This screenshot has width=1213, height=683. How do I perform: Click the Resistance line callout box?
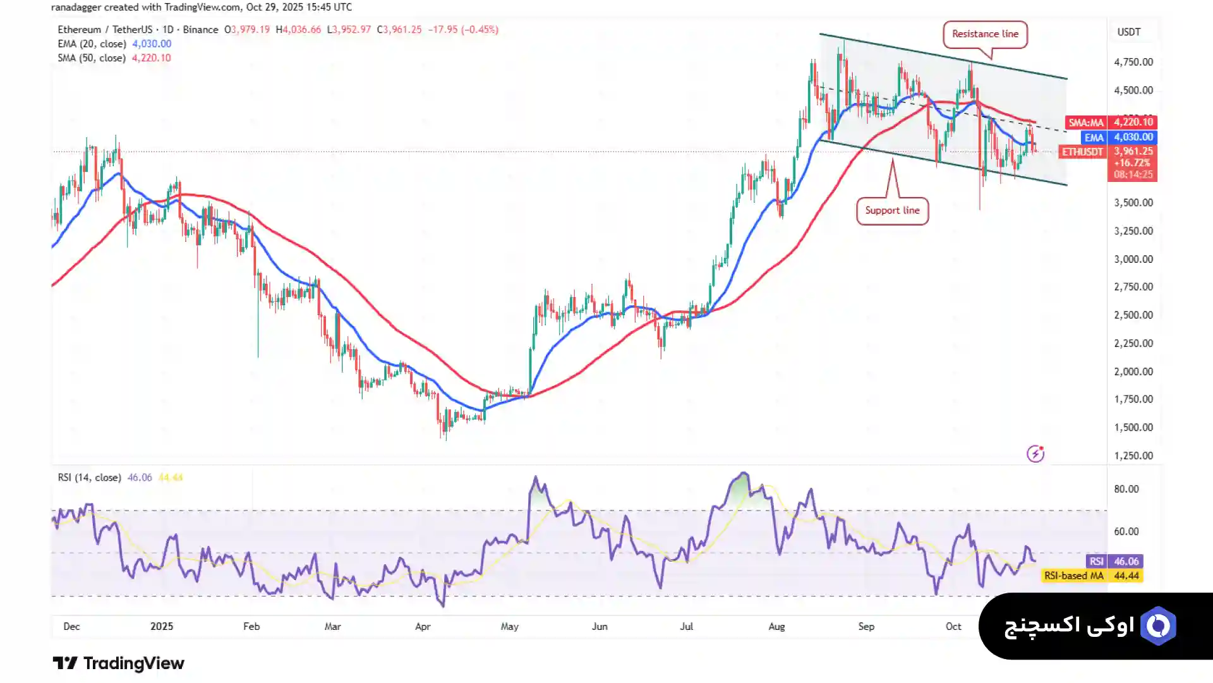pyautogui.click(x=985, y=34)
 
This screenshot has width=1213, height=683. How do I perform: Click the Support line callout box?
pyautogui.click(x=892, y=210)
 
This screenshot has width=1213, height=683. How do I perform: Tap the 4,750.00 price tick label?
pyautogui.click(x=1133, y=62)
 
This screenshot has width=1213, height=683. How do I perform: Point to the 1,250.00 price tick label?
pyautogui.click(x=1133, y=456)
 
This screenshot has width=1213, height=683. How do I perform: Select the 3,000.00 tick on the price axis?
pyautogui.click(x=1133, y=259)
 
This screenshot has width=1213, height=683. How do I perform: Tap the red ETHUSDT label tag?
pyautogui.click(x=1082, y=152)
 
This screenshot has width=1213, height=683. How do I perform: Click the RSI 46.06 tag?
pyautogui.click(x=1114, y=561)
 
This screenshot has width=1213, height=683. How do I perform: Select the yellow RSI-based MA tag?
pyautogui.click(x=1092, y=576)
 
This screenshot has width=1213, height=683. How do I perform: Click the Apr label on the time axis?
pyautogui.click(x=423, y=626)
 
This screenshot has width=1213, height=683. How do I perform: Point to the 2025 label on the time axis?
pyautogui.click(x=162, y=626)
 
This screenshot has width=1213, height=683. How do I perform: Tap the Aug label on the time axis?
pyautogui.click(x=776, y=626)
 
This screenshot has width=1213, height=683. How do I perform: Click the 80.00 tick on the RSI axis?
pyautogui.click(x=1126, y=489)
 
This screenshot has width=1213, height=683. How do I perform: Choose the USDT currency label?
pyautogui.click(x=1128, y=32)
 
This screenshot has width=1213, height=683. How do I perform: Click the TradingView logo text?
pyautogui.click(x=119, y=663)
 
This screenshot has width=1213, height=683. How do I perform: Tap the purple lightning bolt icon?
pyautogui.click(x=1035, y=454)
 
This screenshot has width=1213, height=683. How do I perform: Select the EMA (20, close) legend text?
pyautogui.click(x=92, y=44)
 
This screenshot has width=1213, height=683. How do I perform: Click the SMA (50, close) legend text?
pyautogui.click(x=92, y=57)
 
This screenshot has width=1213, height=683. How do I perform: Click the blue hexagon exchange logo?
pyautogui.click(x=1158, y=626)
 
